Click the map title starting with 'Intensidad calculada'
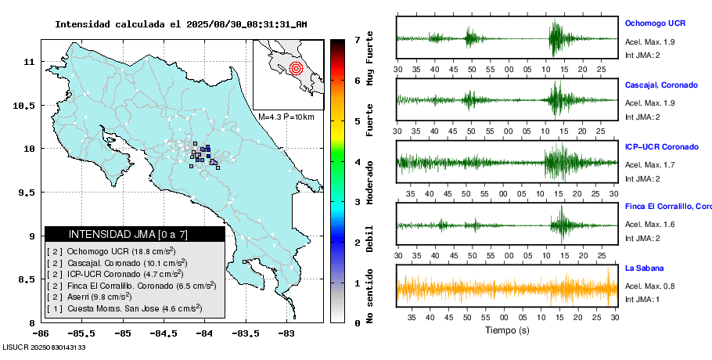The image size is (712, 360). click(x=181, y=24)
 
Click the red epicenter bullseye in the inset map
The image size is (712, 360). click(x=295, y=68)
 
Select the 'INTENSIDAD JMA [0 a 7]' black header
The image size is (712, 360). click(x=135, y=234)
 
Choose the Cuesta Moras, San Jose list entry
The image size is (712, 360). click(x=125, y=309)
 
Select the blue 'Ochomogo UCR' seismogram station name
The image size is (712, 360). click(x=656, y=23)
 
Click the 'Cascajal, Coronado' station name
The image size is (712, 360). click(x=661, y=85)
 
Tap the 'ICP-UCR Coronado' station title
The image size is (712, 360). click(x=661, y=146)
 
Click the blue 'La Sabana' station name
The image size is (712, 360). click(x=645, y=268)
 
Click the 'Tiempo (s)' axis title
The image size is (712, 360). click(x=507, y=330)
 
